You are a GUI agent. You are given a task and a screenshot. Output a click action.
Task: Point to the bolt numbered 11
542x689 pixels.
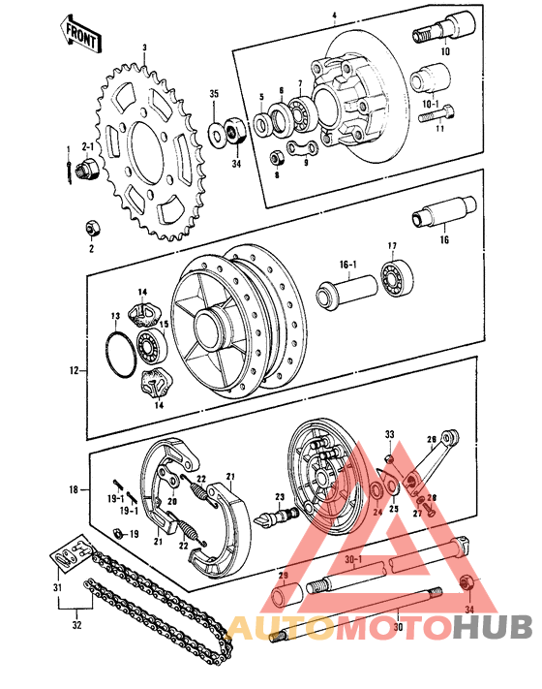click(430, 115)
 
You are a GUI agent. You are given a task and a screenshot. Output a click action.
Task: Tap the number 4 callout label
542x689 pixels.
click(333, 16)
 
